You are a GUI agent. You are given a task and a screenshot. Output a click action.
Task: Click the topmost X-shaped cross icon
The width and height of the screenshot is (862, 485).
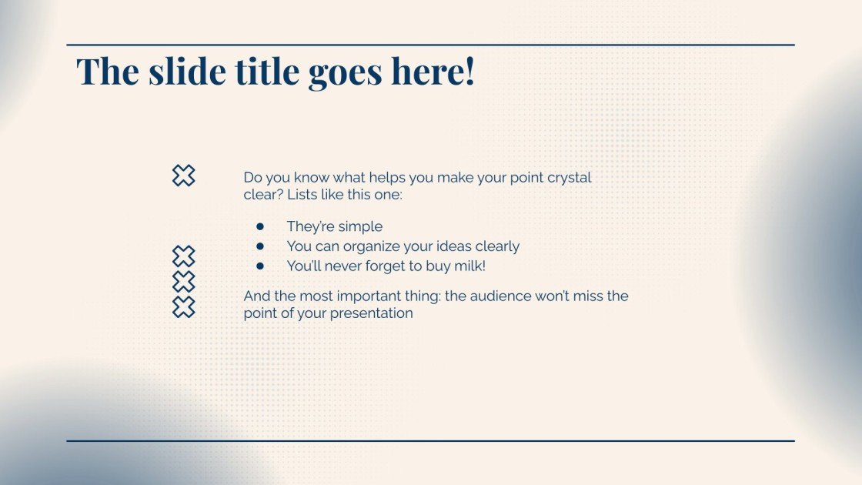pyautogui.click(x=183, y=176)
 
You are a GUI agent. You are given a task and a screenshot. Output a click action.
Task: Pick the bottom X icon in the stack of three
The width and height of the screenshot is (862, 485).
pyautogui.click(x=183, y=307)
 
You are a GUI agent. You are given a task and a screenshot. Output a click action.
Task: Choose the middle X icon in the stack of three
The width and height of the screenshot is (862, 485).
pyautogui.click(x=183, y=282)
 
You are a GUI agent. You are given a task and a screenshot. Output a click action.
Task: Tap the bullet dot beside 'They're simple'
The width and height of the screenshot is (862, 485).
pyautogui.click(x=260, y=226)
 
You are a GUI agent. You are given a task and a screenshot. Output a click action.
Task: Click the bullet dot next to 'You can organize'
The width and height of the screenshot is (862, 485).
pyautogui.click(x=260, y=246)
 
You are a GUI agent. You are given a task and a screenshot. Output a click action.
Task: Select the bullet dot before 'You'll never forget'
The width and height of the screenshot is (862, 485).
pyautogui.click(x=260, y=266)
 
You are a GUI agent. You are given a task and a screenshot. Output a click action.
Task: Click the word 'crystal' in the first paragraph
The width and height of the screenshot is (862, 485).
pyautogui.click(x=569, y=178)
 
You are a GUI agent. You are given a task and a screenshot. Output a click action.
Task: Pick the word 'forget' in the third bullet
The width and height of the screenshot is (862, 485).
pyautogui.click(x=385, y=266)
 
